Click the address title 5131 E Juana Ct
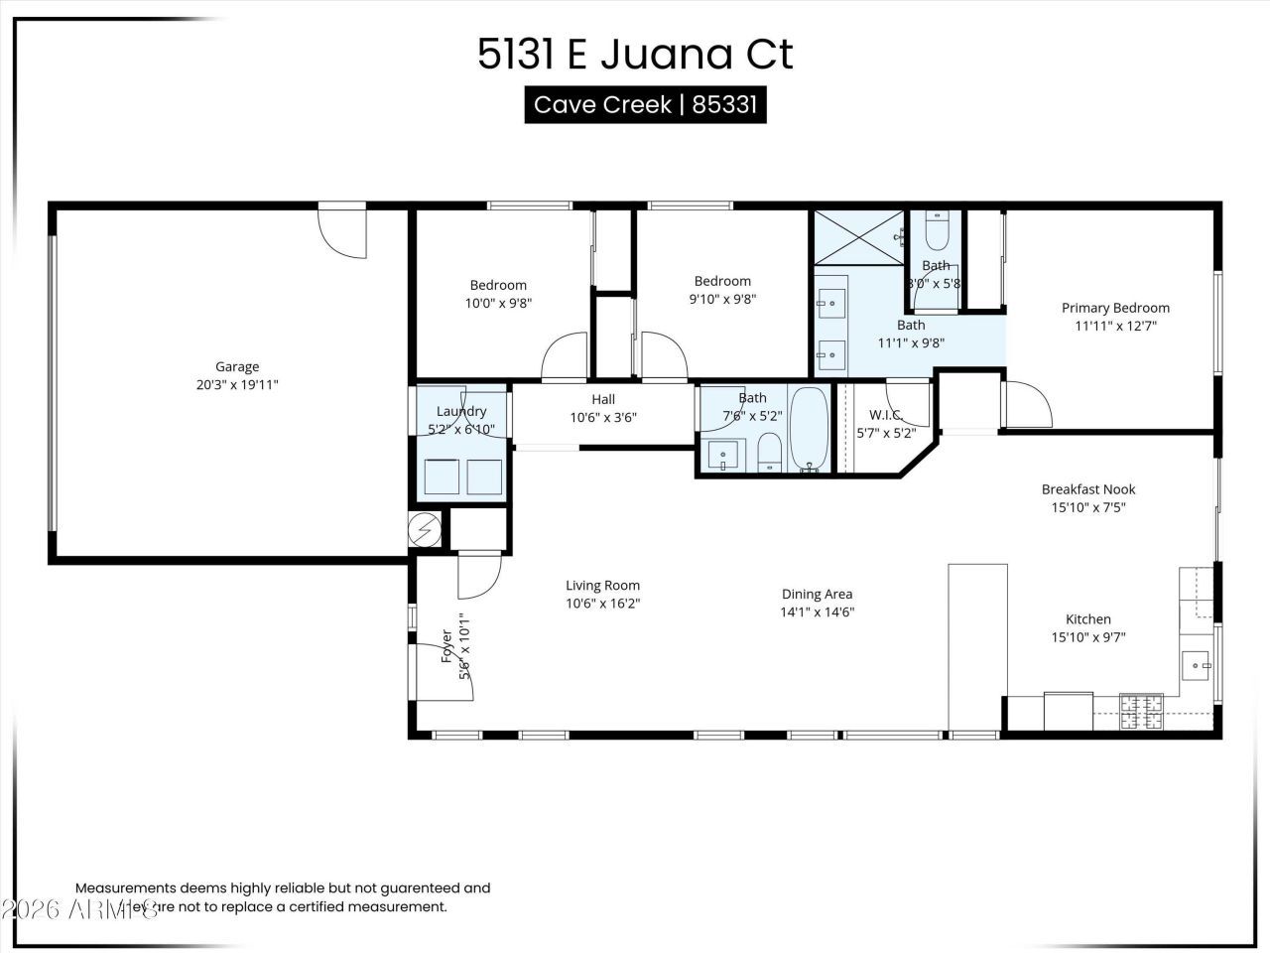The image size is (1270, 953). pos(635,55)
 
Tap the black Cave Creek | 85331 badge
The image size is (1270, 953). pos(646,105)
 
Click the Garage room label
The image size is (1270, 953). pos(237,366)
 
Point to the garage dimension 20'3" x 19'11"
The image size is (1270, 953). pos(237,384)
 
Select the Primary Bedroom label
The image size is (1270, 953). pos(1115,308)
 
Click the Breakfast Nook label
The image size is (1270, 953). pos(1088,488)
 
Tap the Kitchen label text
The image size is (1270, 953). pos(1088,618)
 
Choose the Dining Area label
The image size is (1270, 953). pos(817,594)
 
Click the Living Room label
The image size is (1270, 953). pos(602,586)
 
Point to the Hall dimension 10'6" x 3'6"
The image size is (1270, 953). pos(602,418)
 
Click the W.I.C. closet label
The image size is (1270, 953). pos(884,415)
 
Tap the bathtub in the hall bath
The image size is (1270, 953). pos(809,431)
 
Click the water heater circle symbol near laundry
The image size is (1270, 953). pos(425,530)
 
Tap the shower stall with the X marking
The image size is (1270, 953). pos(859,236)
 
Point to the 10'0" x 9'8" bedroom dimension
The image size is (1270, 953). pos(498,304)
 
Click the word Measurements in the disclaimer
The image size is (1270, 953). pos(126,888)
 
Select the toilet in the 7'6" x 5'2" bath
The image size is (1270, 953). pos(770,454)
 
